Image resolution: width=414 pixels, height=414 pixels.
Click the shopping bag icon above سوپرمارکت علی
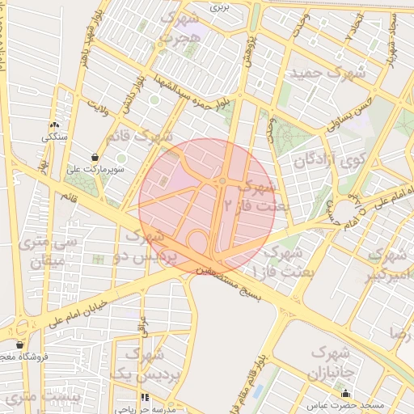[x=96, y=157]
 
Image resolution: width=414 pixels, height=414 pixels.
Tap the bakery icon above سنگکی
[x=55, y=125]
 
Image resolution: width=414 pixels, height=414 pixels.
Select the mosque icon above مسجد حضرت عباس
[x=346, y=394]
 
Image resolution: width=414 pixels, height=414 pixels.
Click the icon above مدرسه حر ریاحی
[x=146, y=398]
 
